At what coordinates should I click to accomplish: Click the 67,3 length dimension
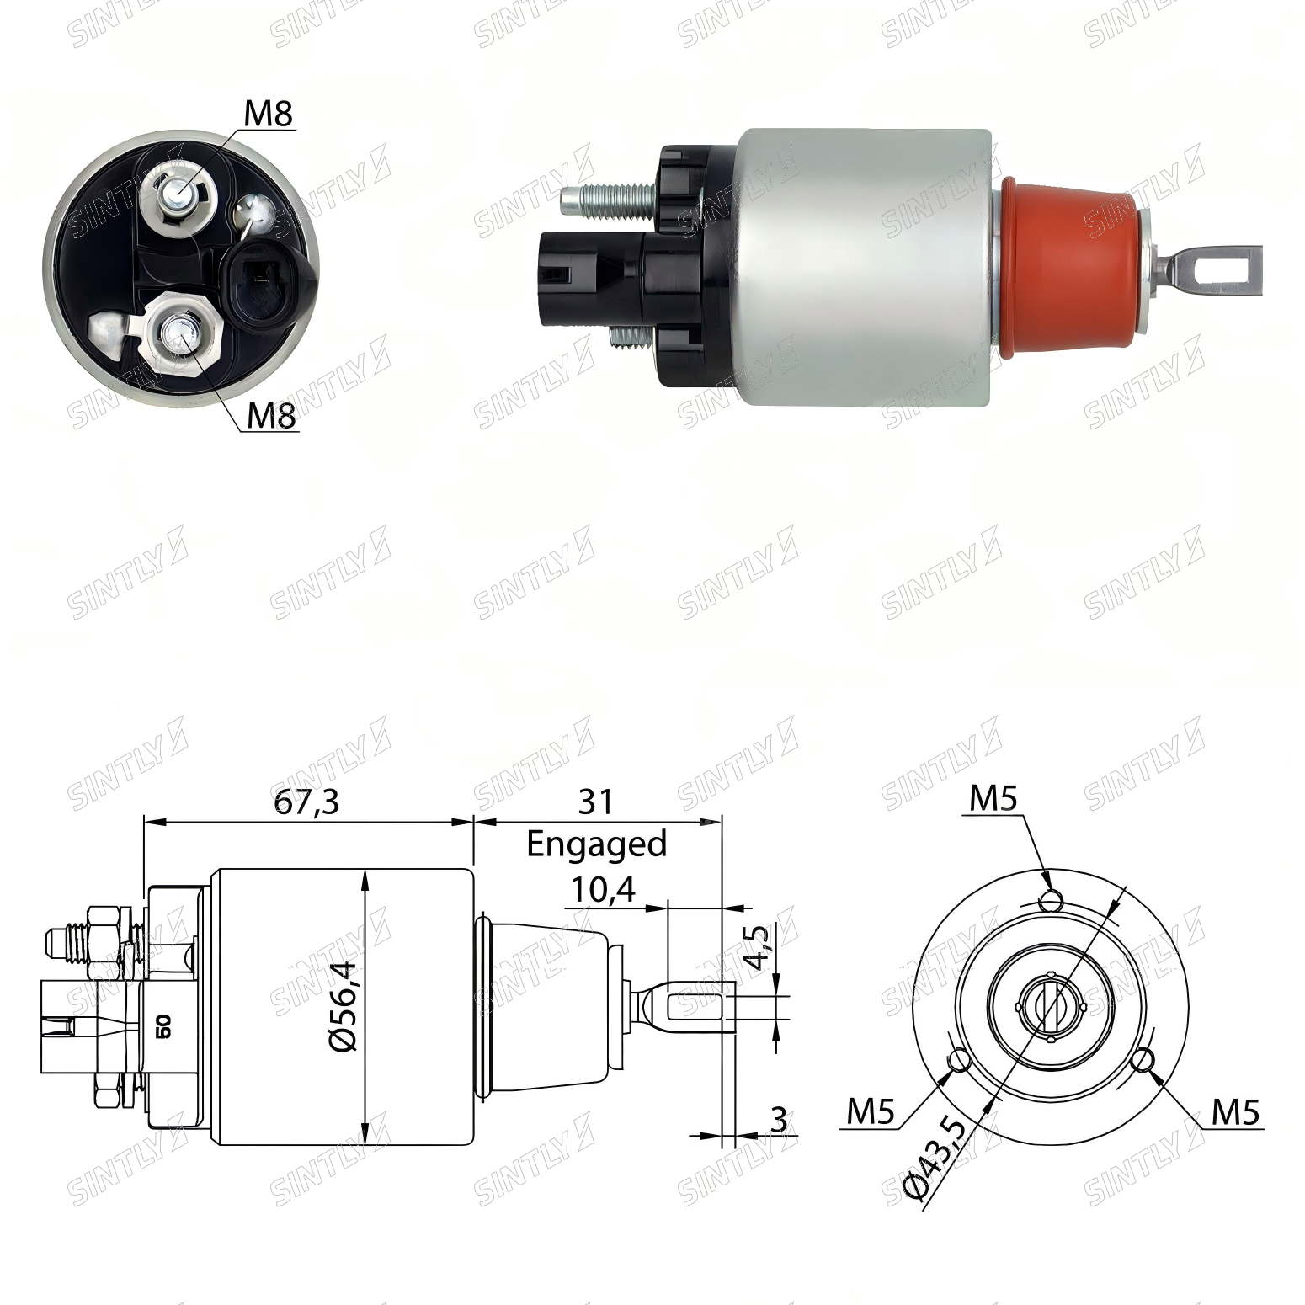coord(306,802)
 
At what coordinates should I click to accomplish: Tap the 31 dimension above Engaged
coord(596,802)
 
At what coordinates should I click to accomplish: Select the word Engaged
coord(597,844)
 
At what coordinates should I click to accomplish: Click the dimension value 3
coord(779,1121)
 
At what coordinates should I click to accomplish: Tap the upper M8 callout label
coord(269,114)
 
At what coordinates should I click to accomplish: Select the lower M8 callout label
coord(272,415)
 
